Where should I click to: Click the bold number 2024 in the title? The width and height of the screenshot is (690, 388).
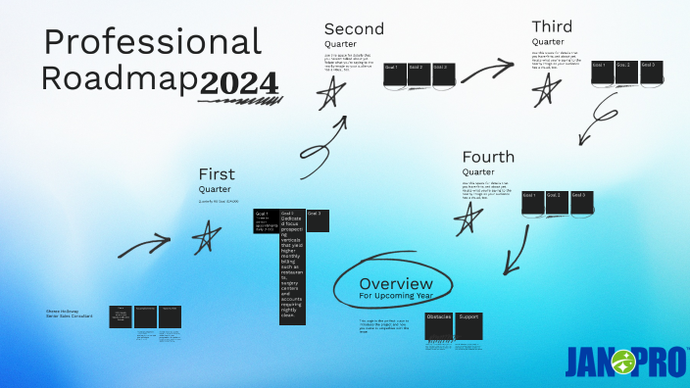tap(239, 84)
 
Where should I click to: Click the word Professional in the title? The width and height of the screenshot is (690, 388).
tap(153, 42)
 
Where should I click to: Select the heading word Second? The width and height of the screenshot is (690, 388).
tap(354, 28)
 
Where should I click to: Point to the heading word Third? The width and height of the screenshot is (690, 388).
tap(552, 26)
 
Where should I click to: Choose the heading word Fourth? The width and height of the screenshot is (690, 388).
tap(488, 157)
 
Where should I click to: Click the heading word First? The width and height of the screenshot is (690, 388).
tap(217, 174)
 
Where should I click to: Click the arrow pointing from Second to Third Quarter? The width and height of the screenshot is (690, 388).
tap(487, 71)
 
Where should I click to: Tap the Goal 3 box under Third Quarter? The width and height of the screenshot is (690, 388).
tap(652, 72)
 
